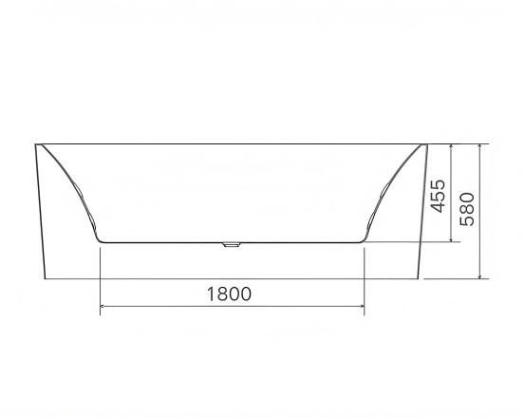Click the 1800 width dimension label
click(x=229, y=294)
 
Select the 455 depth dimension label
click(x=439, y=197)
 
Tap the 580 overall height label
click(x=467, y=209)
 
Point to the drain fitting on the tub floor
click(x=232, y=244)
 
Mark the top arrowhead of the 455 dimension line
click(x=452, y=147)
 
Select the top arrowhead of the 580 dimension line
click(x=480, y=147)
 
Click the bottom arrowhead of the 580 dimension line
click(x=480, y=275)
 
